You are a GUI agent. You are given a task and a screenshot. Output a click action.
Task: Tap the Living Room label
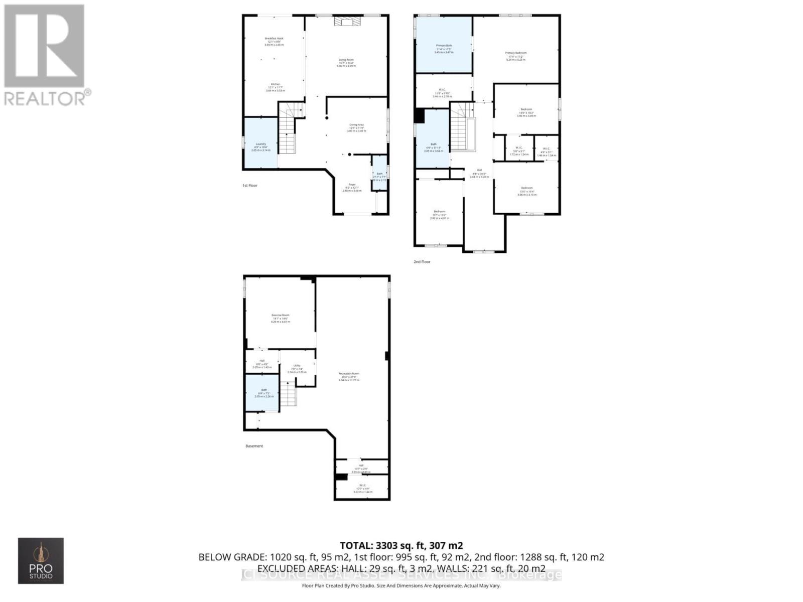(346, 63)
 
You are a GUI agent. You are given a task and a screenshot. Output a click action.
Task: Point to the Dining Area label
(356, 127)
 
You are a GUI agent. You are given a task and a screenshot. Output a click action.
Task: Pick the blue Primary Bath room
(444, 45)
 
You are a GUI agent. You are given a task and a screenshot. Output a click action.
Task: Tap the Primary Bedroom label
(516, 56)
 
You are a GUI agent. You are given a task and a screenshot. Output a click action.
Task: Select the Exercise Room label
(281, 318)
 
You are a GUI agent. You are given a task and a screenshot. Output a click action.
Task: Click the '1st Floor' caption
(250, 186)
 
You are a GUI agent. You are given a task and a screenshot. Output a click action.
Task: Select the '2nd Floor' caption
(422, 262)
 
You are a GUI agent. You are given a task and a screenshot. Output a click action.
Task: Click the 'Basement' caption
(254, 446)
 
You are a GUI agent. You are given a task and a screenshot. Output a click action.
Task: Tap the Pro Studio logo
(41, 560)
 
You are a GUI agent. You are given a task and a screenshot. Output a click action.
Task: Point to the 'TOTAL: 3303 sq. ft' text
(401, 545)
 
